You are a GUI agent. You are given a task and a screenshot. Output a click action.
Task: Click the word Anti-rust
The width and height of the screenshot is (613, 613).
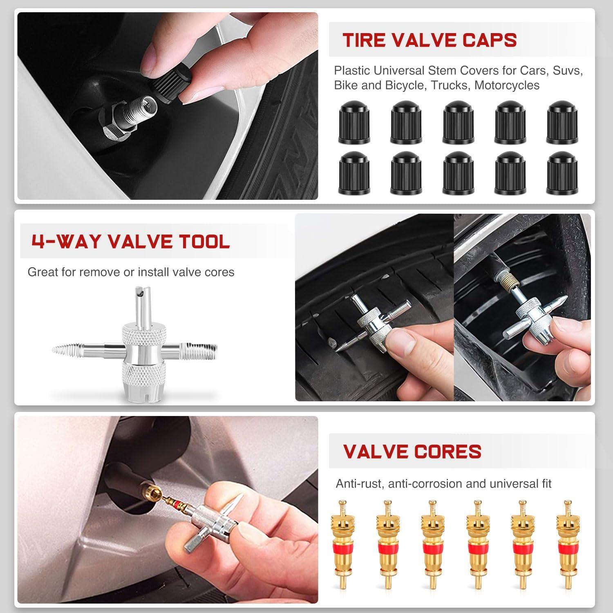[359, 484]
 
